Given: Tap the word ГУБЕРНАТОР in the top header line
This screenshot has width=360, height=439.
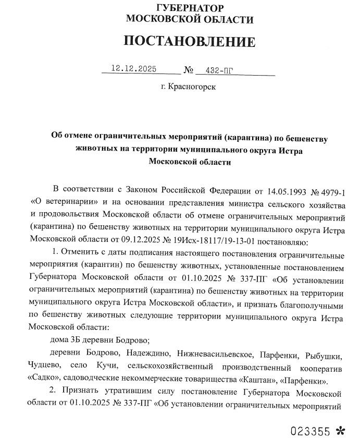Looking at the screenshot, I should pyautogui.click(x=190, y=8).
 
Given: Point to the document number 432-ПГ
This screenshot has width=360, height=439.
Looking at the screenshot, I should pyautogui.click(x=227, y=70).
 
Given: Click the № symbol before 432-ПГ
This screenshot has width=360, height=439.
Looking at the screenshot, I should pyautogui.click(x=189, y=70).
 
